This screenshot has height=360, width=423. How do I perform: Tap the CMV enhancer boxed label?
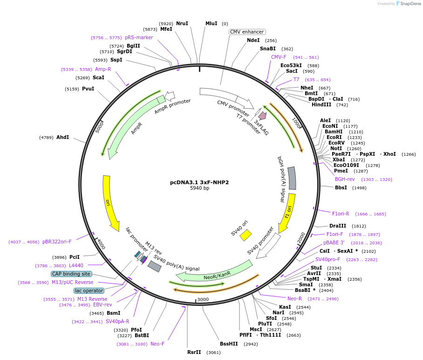point(247,32)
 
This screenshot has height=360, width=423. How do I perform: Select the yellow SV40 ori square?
point(246,235)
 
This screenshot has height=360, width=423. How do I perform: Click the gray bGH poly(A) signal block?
point(292,178)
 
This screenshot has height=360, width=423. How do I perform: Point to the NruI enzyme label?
point(182,23)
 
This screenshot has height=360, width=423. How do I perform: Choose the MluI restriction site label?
point(211,23)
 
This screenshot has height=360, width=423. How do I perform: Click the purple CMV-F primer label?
point(279,57)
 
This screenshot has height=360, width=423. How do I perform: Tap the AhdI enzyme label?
point(62,137)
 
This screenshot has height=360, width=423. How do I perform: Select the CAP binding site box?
point(72,274)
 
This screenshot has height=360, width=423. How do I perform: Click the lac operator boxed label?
point(89,291)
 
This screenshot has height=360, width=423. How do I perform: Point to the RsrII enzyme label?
point(194,352)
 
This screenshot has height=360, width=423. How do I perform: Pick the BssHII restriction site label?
point(229,344)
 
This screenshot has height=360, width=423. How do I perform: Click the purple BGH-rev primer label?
point(345,179)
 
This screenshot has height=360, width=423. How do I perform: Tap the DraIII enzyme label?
point(337,226)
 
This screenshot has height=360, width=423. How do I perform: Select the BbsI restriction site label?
point(341,187)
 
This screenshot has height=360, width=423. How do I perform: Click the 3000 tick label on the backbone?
point(203,299)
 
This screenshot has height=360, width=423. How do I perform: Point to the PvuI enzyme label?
point(88,89)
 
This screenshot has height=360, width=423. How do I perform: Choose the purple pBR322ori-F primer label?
point(57,242)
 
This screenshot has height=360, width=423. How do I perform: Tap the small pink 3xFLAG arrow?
point(263,115)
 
